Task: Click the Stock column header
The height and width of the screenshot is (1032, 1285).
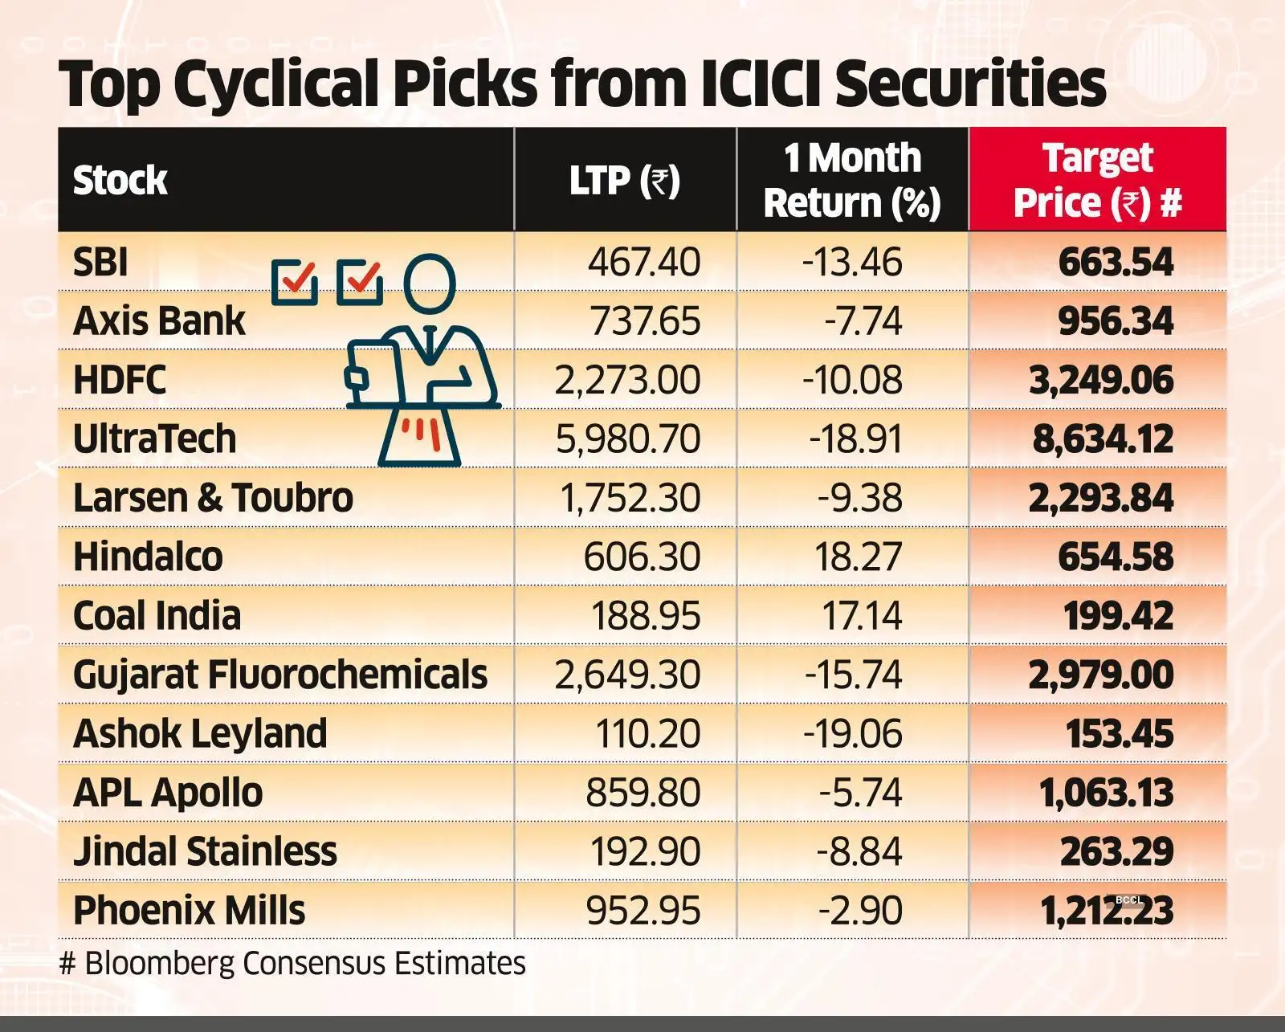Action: point(120,180)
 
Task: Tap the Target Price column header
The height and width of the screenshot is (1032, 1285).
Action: point(1097,180)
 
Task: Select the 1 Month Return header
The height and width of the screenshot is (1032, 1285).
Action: point(852,180)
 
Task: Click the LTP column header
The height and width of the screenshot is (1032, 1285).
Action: point(625,180)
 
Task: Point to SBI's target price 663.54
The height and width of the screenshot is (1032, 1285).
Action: point(1116,263)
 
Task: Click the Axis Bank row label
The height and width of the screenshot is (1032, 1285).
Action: point(159,320)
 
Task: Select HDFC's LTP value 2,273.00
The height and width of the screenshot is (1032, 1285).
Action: point(627,380)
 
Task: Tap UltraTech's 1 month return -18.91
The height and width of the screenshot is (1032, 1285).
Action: point(855,438)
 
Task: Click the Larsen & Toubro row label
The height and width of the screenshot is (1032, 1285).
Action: point(213,498)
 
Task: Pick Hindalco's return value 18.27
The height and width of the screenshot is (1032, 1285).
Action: point(858,557)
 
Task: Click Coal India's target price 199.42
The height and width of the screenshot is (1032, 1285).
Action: point(1118,616)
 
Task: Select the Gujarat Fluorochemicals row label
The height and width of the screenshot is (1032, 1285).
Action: point(280,675)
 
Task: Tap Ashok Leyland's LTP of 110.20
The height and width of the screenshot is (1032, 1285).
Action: point(647,734)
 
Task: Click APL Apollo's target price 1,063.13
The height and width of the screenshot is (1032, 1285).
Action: point(1106,793)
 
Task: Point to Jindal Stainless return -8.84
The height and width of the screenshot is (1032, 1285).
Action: point(859,851)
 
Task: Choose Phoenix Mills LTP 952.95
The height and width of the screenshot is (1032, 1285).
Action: point(643,911)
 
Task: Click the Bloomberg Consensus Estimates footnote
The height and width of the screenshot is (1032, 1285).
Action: point(293,963)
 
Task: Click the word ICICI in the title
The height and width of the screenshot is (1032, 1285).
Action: point(760,84)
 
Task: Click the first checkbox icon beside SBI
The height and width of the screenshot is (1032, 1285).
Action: point(295,282)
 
